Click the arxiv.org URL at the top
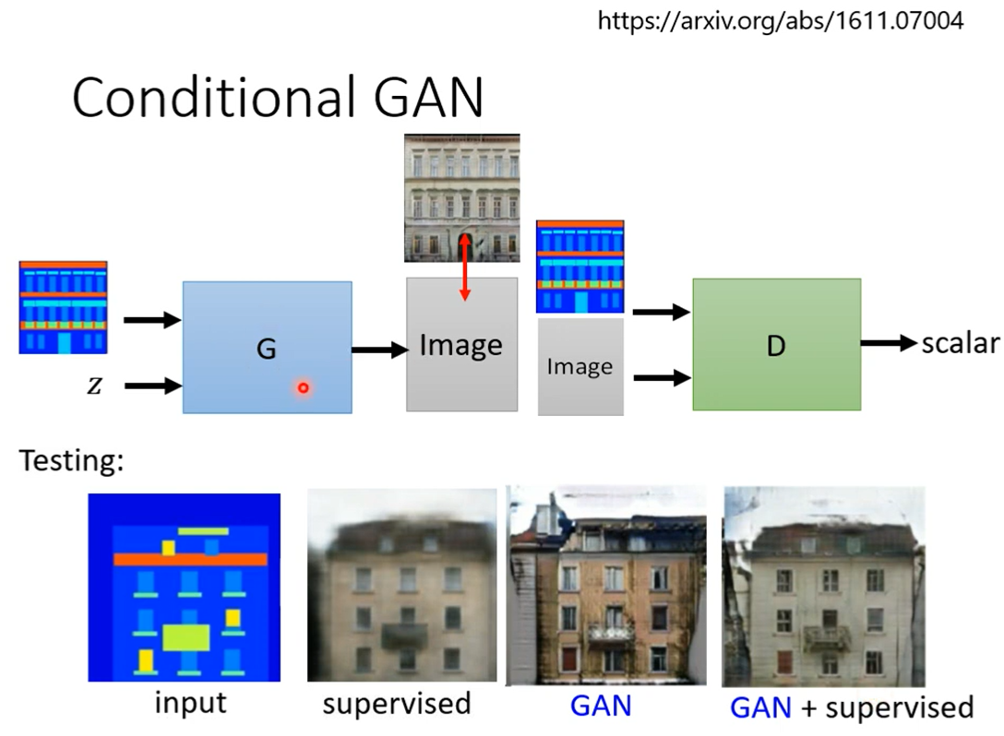781,20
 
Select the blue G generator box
267,347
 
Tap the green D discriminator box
776,344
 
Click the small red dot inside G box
303,388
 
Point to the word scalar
960,344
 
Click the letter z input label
94,386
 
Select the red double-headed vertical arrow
465,267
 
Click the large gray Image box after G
461,345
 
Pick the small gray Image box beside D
580,367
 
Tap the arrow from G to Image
379,350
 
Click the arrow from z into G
152,386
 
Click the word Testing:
71,460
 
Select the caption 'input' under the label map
190,703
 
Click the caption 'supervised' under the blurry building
397,703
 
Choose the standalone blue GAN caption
601,706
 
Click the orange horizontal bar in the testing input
190,559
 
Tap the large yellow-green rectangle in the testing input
185,637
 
